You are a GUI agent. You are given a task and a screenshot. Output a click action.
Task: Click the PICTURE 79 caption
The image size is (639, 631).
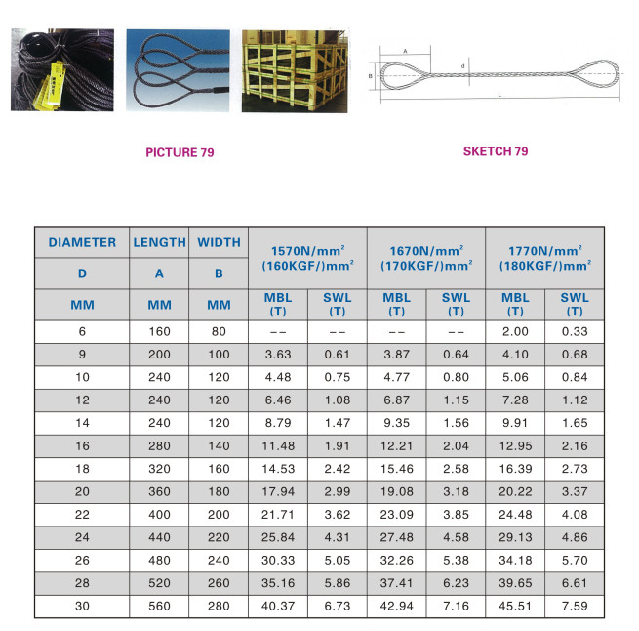pos(180,152)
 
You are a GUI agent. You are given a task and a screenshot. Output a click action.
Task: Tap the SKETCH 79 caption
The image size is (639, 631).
pos(495,151)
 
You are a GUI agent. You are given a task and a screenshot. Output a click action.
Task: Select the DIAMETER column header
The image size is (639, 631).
pos(82,242)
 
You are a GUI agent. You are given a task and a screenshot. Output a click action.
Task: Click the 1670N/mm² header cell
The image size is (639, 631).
pos(425,258)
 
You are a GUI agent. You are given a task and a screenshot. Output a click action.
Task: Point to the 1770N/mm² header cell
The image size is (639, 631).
pos(543,258)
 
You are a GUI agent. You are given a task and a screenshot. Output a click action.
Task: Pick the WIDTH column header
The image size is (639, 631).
pos(219,242)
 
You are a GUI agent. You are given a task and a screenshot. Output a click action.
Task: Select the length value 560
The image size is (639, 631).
pos(159,605)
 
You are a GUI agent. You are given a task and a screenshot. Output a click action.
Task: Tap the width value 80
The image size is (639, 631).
pos(219,331)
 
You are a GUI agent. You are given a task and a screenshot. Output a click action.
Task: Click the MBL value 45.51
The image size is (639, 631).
pos(516,605)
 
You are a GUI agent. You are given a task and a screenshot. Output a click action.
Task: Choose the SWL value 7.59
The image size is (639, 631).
pos(575,605)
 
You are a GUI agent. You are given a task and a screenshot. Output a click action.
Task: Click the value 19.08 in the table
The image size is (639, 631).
pos(397,490)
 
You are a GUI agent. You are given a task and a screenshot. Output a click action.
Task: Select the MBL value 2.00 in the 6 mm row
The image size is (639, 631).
pos(516,331)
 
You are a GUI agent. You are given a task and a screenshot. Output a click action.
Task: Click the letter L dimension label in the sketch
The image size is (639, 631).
pos(499,95)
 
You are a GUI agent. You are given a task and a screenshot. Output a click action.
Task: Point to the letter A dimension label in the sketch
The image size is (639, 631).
pos(405,52)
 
